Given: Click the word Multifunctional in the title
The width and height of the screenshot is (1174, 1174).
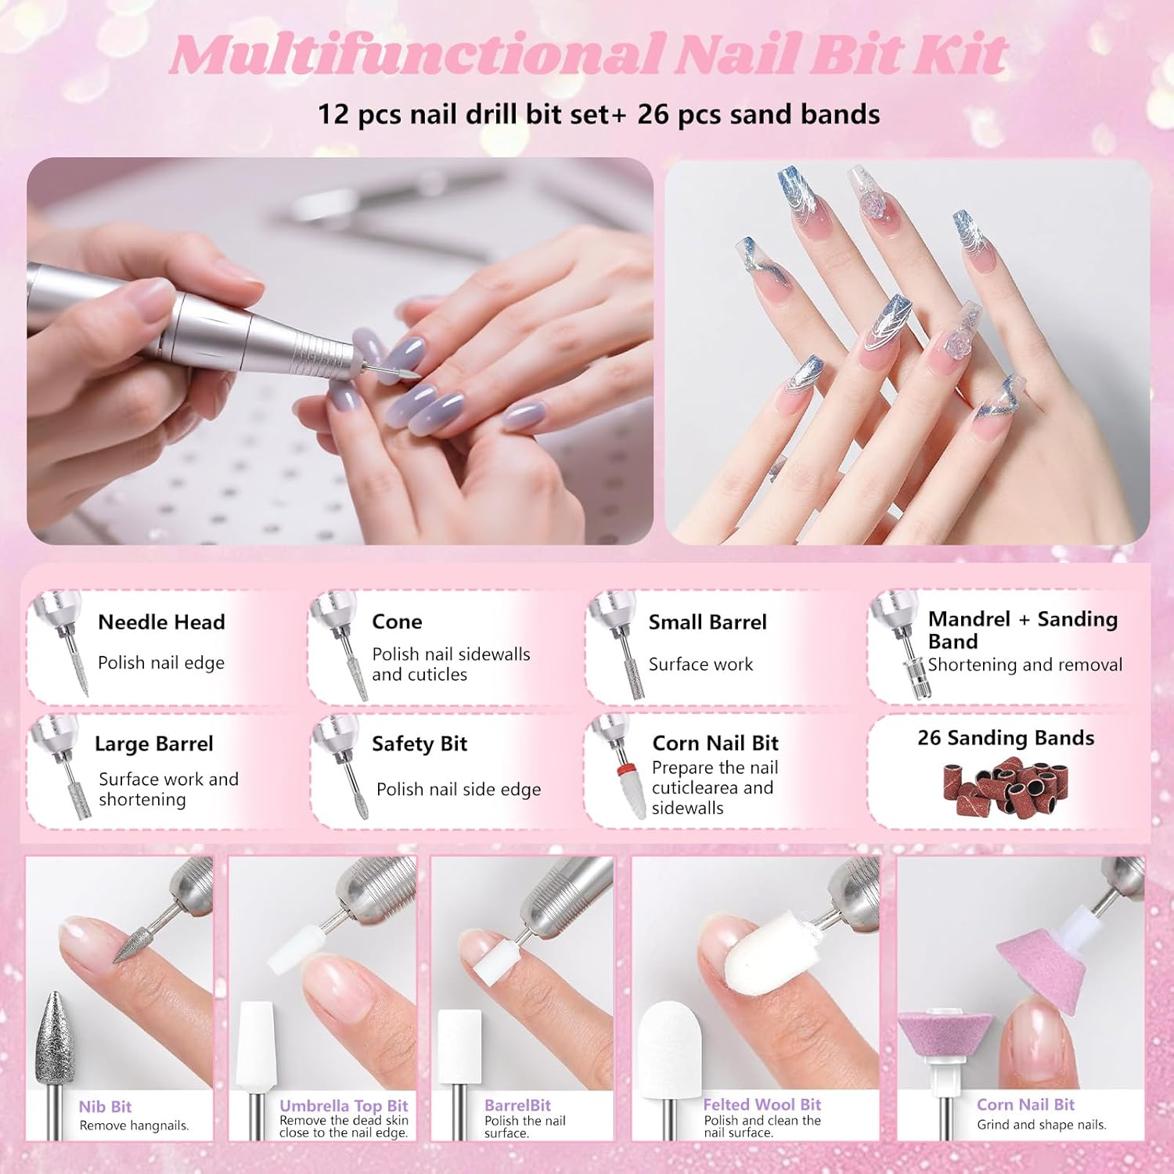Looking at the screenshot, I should (415, 55).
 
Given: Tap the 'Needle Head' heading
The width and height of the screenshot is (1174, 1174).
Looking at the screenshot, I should (161, 622).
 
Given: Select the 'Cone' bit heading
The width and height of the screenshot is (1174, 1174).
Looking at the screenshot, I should (397, 621).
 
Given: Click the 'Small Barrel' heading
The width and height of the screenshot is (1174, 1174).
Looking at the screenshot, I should (708, 622).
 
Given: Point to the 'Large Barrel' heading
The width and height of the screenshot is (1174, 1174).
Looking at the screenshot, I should (154, 744).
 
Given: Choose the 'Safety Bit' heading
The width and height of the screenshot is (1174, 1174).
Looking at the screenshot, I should (420, 744).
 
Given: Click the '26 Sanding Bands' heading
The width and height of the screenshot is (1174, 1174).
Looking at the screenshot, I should (1006, 738).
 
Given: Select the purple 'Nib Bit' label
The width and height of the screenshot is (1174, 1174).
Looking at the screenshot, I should (105, 1107).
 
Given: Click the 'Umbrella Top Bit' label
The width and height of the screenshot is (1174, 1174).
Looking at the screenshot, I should (344, 1105).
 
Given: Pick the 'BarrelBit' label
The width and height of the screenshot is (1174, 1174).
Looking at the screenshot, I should (517, 1105).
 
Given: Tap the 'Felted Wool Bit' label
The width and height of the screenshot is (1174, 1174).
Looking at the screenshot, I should (762, 1104).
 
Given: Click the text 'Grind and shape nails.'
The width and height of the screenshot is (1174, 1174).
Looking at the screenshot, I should (1041, 1125).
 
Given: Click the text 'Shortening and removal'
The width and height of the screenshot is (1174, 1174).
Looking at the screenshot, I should (1025, 664).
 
